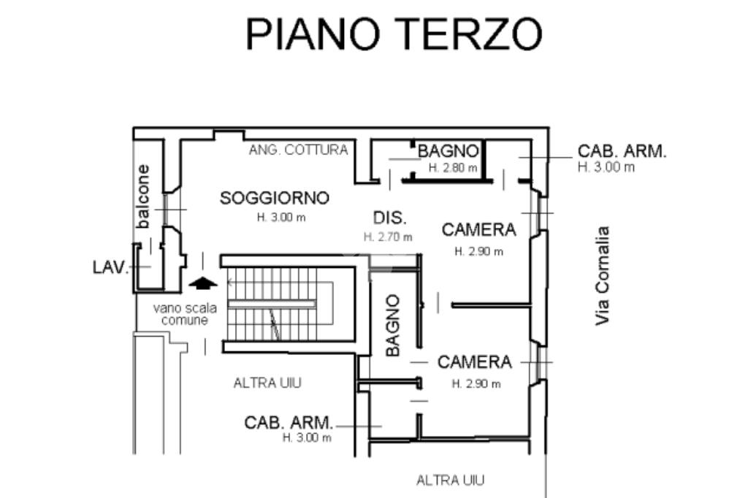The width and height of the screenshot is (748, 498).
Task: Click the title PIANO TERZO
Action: [394, 34]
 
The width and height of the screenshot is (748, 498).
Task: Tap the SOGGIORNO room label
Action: [275, 198]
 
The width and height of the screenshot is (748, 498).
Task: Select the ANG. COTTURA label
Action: [298, 150]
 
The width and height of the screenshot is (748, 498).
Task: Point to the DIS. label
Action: [390, 218]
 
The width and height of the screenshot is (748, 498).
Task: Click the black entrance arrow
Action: [203, 283]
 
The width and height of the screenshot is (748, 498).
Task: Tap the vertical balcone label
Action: [142, 196]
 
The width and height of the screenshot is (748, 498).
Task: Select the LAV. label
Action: [111, 267]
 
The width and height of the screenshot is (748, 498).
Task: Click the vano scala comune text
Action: [185, 314]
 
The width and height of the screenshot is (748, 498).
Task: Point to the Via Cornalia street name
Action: [602, 276]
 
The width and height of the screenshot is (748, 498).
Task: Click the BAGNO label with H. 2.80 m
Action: [448, 151]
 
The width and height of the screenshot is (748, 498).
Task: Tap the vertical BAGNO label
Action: [392, 326]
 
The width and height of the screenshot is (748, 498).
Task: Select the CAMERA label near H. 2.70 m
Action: [479, 230]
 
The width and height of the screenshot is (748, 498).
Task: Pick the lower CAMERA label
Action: [475, 362]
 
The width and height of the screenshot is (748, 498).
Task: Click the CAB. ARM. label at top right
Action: [622, 151]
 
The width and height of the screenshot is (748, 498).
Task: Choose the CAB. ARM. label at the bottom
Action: [289, 423]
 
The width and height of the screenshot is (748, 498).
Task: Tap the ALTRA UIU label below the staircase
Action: [267, 383]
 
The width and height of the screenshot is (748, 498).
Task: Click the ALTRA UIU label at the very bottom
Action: [450, 480]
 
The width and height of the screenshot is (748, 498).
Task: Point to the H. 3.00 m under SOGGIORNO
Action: [281, 218]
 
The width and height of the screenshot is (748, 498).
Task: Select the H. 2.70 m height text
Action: [388, 237]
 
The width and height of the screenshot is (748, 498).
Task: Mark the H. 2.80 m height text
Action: [453, 168]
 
